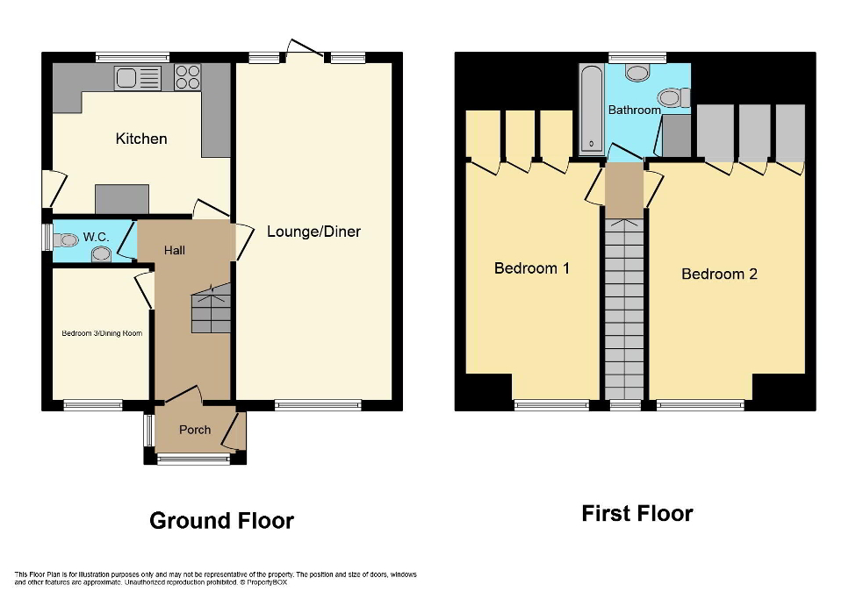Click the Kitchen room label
point(141,139)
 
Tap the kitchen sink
point(138,78)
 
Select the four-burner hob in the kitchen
point(187,77)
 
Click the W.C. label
point(95,237)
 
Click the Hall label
point(175,251)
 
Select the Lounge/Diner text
point(313,232)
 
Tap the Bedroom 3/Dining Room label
point(101,333)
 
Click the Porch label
point(195,430)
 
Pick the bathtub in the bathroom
point(591,109)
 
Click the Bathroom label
point(634,111)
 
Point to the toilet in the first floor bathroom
point(672,97)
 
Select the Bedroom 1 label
point(531,268)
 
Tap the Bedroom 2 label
point(719,275)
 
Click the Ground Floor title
point(221,521)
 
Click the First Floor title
point(637,514)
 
